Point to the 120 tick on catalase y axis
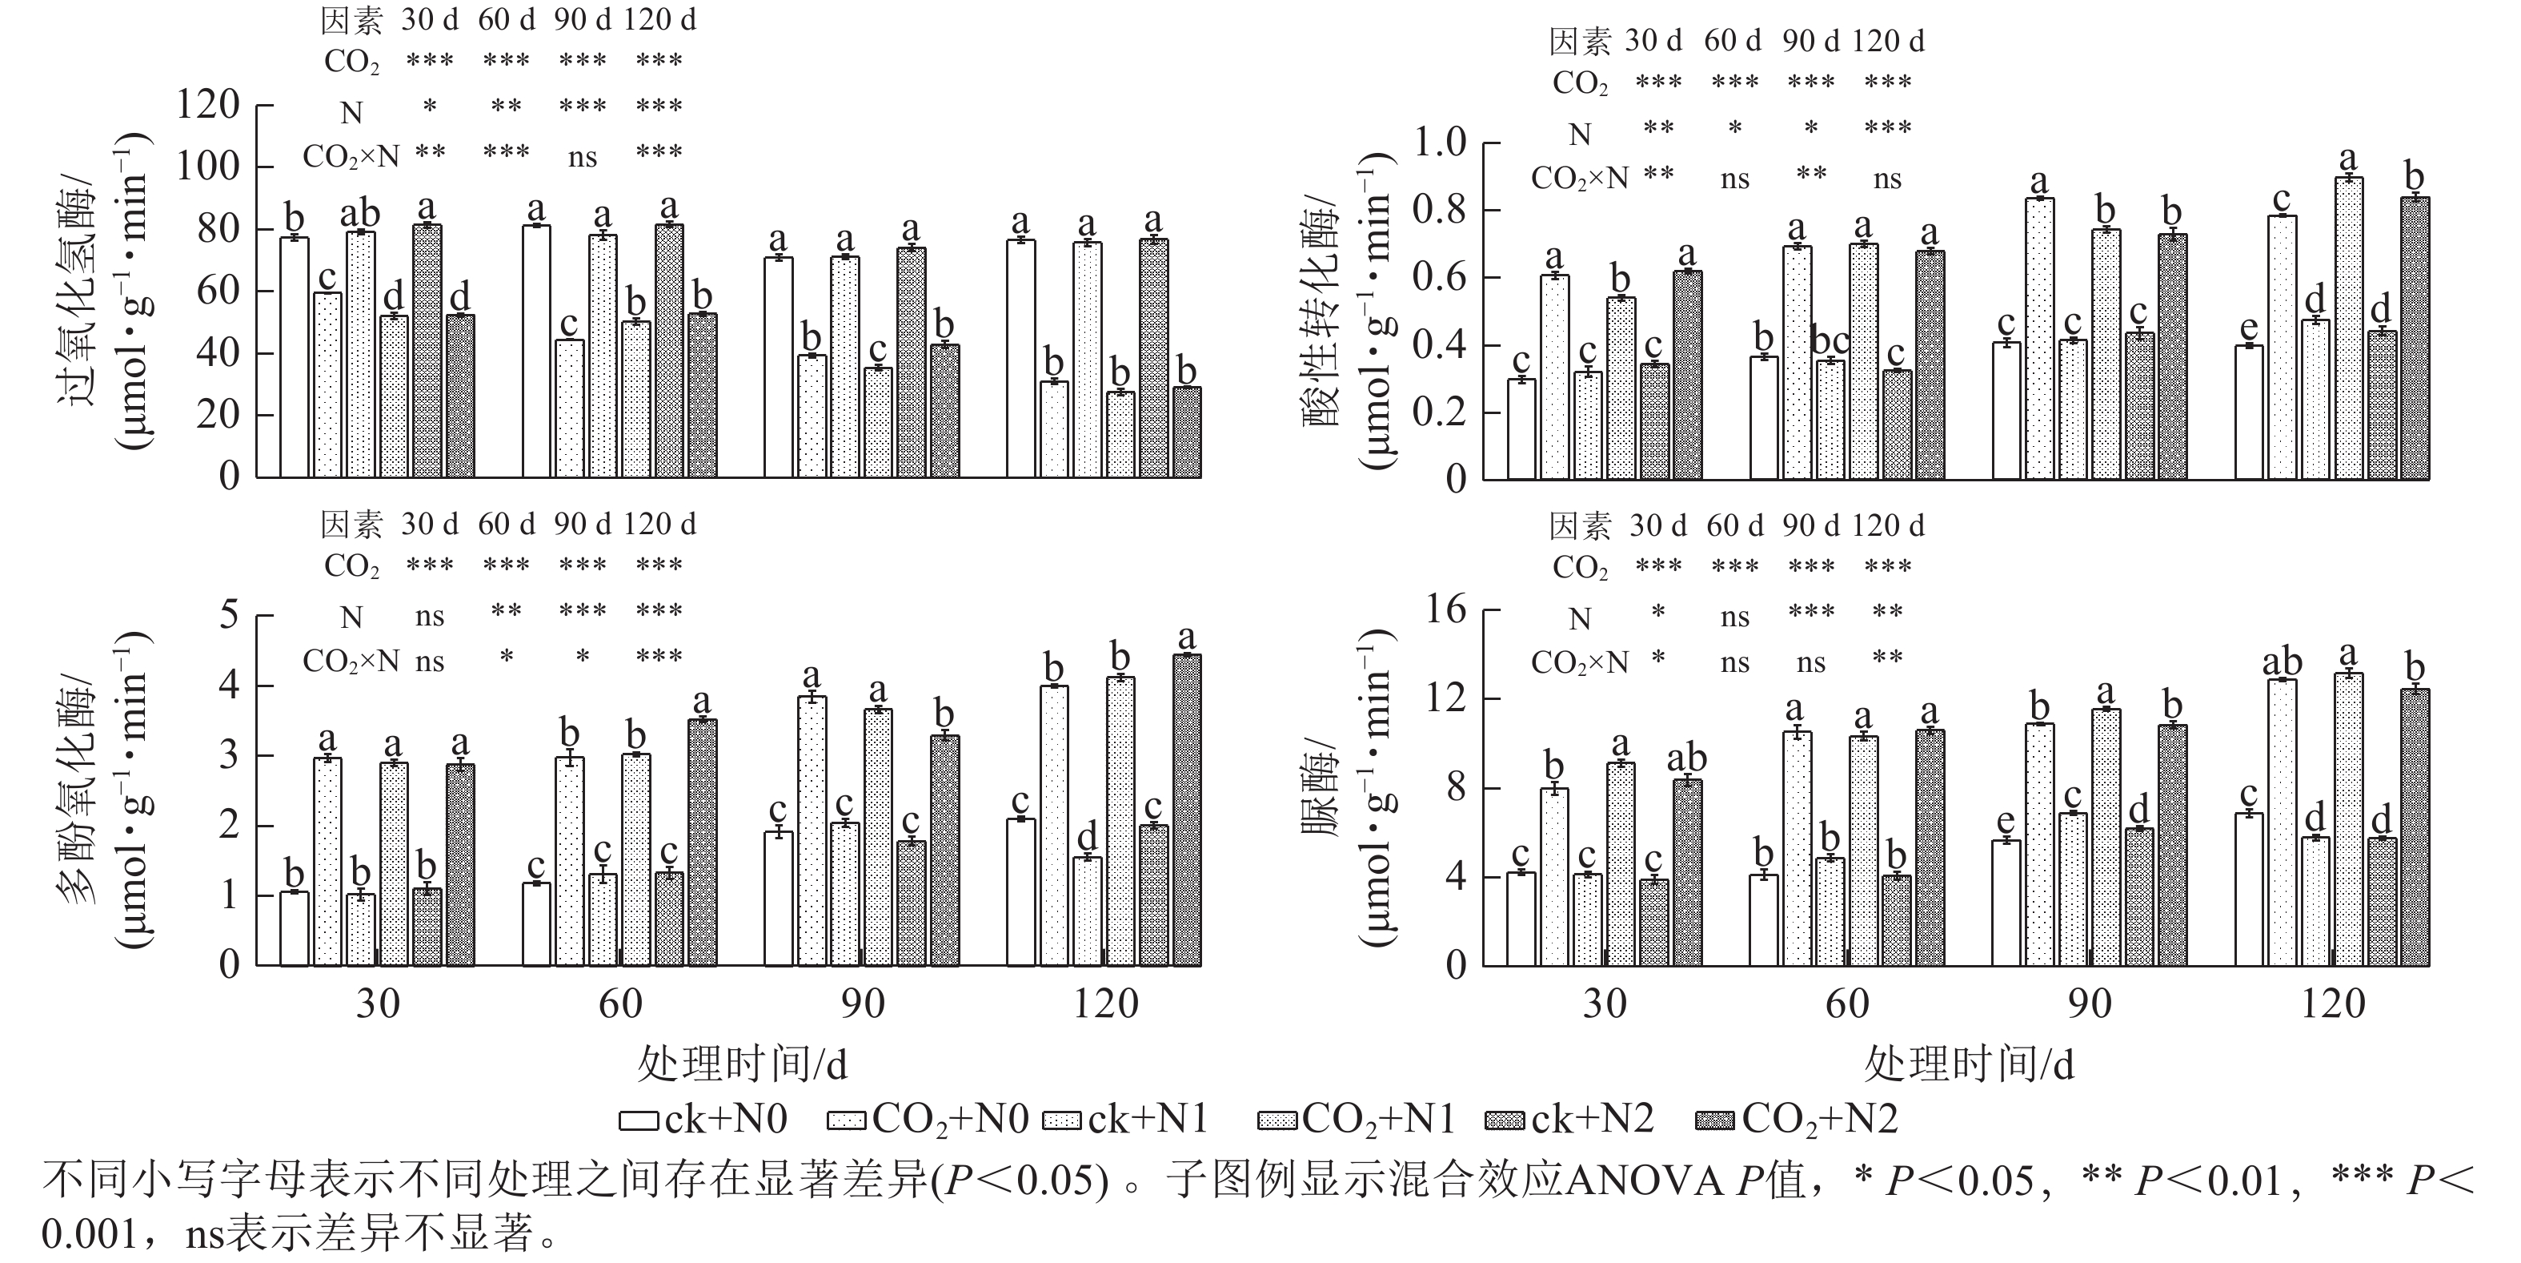coord(207,105)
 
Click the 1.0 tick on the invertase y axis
coord(1440,144)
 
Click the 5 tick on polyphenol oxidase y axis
coord(229,616)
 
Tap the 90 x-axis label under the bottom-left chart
coord(862,1004)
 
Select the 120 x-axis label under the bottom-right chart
coord(2333,1004)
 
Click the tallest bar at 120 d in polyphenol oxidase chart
coord(1186,809)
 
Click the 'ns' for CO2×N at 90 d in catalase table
coord(583,157)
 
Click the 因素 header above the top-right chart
coord(1580,41)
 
